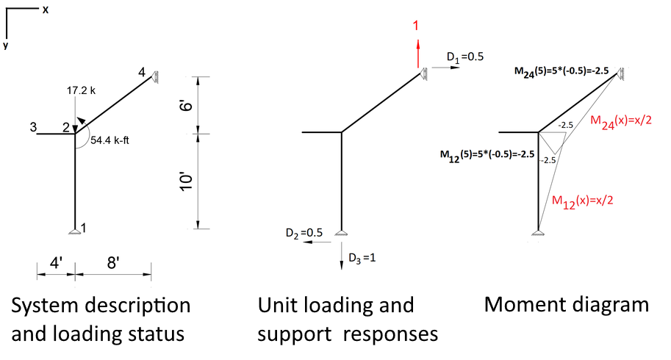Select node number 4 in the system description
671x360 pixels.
click(x=142, y=71)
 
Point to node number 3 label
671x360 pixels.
click(x=34, y=127)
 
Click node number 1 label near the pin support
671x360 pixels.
click(x=84, y=228)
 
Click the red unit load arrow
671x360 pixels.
click(x=417, y=54)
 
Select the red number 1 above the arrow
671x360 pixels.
click(x=416, y=26)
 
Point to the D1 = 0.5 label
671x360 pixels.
click(x=464, y=57)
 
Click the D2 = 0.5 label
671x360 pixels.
click(x=305, y=232)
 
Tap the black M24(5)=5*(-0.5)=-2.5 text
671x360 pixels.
click(x=562, y=71)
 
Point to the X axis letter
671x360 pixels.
click(x=46, y=10)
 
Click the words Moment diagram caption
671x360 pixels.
click(x=567, y=305)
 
